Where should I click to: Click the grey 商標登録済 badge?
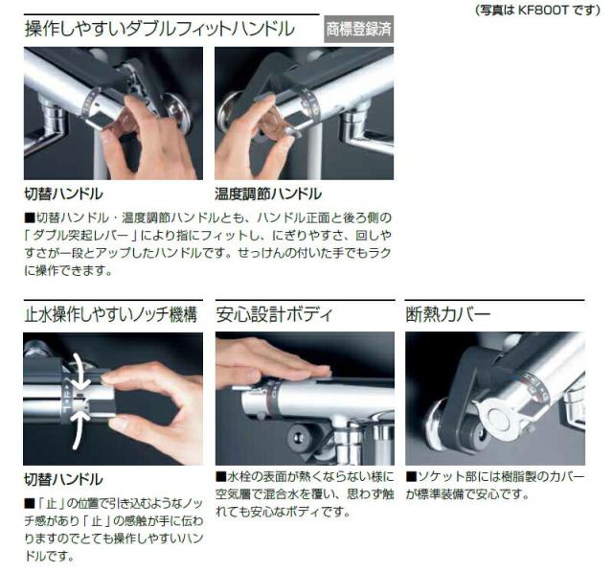point(358,29)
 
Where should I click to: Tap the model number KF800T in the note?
point(543,10)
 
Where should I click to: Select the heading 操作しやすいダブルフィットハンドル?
point(160,29)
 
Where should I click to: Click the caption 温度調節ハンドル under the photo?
point(268,194)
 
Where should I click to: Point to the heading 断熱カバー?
point(447,314)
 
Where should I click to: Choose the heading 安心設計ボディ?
point(274,314)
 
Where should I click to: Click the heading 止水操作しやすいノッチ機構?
point(111,314)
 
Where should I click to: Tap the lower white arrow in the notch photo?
point(80,428)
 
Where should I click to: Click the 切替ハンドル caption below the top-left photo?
point(63,194)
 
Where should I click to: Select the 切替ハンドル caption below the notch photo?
point(63,479)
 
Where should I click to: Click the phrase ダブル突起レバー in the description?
point(81,236)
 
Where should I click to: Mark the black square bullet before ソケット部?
point(411,476)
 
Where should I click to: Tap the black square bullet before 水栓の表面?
point(221,476)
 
